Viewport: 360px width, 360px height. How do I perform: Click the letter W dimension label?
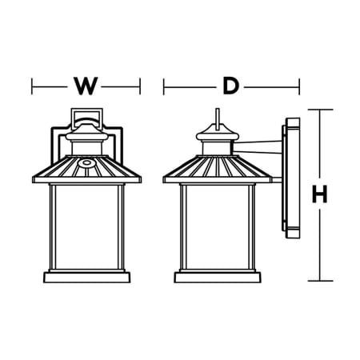86,86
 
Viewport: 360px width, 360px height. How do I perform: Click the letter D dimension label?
231,86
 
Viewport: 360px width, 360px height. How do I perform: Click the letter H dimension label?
319,194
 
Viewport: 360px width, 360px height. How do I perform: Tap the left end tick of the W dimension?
32,86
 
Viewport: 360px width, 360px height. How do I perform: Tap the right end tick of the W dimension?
140,86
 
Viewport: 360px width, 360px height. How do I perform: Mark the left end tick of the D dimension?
164,86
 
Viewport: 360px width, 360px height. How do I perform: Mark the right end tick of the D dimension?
299,86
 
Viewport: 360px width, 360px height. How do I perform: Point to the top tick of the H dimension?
320,110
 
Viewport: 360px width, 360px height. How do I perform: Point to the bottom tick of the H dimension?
320,281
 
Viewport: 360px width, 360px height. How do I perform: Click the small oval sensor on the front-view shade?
86,162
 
